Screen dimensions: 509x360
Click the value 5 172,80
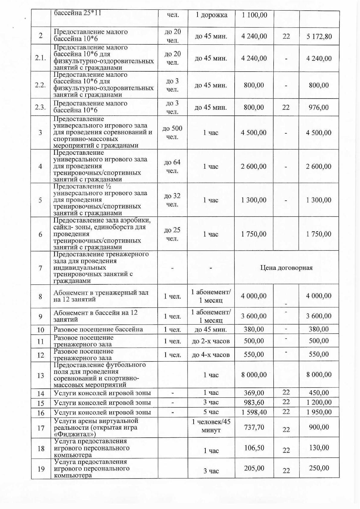[319, 37]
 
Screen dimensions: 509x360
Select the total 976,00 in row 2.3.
[319, 107]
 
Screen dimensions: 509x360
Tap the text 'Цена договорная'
[286, 267]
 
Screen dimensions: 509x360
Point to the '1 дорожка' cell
[211, 15]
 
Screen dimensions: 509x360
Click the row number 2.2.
[40, 85]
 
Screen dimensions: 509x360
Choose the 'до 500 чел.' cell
[172, 133]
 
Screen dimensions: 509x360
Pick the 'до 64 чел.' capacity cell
[172, 167]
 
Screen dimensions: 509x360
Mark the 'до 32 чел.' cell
[172, 200]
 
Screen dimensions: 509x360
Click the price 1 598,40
[254, 412]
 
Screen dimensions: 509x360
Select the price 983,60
[254, 402]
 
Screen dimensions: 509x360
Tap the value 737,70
[254, 427]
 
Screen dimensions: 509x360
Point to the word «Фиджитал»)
[75, 434]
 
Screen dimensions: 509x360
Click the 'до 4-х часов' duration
[211, 355]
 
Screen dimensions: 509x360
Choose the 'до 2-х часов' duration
[211, 341]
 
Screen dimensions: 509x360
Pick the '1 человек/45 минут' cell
[211, 425]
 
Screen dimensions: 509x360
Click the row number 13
[40, 375]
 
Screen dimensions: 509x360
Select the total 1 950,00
[319, 412]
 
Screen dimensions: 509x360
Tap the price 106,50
[254, 448]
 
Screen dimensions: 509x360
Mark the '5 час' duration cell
[211, 412]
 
